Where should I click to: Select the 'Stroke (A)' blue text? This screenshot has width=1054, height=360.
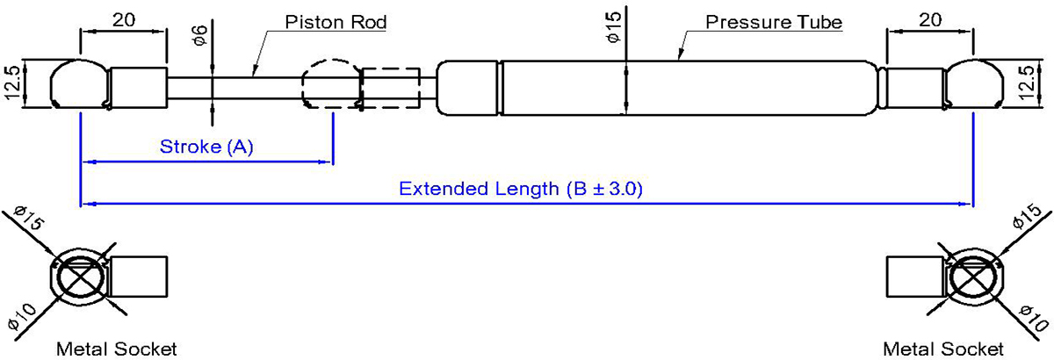coord(206,147)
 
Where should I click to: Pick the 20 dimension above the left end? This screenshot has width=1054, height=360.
coord(123,17)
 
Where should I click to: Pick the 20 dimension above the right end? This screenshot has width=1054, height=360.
coord(931,17)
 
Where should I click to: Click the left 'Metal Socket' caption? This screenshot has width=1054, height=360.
coord(116,349)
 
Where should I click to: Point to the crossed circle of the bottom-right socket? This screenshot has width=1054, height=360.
coord(973,281)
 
